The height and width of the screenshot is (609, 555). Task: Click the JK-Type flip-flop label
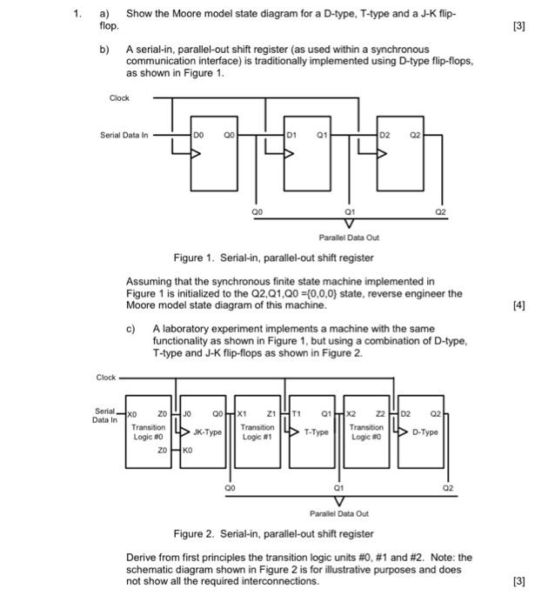pyautogui.click(x=207, y=431)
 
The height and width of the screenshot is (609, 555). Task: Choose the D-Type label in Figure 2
pyautogui.click(x=425, y=431)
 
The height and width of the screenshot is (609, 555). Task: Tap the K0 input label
pyautogui.click(x=185, y=452)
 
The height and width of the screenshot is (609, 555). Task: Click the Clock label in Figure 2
pyautogui.click(x=106, y=378)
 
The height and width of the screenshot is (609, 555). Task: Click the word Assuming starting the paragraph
pyautogui.click(x=150, y=282)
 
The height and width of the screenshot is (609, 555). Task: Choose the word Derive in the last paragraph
pyautogui.click(x=142, y=556)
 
